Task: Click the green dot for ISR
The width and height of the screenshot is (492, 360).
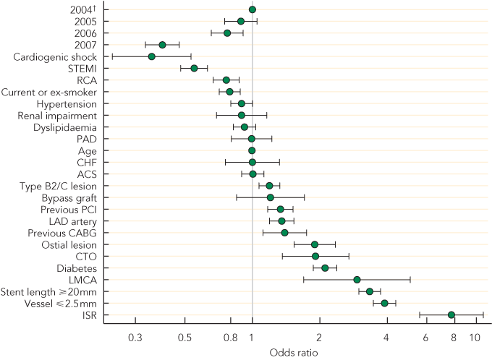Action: pos(451,315)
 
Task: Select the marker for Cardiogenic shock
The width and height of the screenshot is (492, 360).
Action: pos(152,56)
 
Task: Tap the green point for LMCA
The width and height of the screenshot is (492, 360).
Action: pos(357,280)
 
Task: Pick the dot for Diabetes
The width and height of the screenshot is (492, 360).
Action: pos(325,268)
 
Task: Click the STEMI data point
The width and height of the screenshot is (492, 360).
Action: pos(194,68)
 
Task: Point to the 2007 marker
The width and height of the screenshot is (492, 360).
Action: pos(162,45)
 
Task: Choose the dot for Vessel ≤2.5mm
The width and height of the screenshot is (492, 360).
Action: pos(384,303)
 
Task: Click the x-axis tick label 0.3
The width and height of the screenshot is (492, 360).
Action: pos(135,338)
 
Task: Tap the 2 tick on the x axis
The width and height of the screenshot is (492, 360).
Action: pos(319,338)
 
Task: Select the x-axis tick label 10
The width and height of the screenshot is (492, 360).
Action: pos(475,338)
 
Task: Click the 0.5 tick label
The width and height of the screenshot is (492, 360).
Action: pos(184,338)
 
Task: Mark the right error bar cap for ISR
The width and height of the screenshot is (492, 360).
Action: pos(483,315)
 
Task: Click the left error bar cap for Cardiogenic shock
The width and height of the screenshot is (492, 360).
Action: pos(112,56)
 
